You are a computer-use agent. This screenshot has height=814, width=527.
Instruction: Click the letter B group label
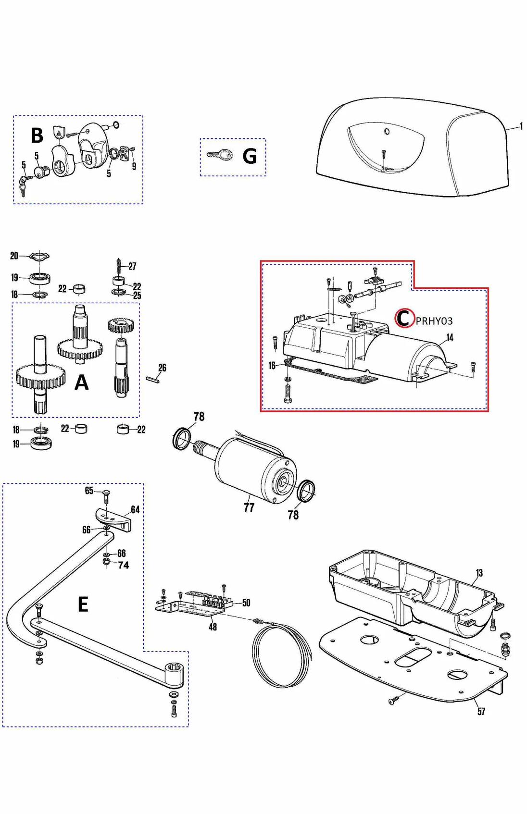[37, 136]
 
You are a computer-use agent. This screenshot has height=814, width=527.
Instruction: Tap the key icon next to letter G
[220, 155]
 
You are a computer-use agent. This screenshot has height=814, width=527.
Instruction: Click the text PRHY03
[434, 321]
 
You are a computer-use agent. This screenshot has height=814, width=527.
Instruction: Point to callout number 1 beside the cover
[521, 126]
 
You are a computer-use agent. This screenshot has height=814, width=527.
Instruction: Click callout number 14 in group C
[450, 337]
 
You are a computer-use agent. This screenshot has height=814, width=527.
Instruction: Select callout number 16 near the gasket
[272, 366]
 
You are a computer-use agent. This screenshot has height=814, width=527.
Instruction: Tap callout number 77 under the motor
[249, 507]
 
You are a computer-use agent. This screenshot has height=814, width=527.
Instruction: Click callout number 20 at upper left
[14, 256]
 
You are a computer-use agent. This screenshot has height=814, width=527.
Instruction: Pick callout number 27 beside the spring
[132, 266]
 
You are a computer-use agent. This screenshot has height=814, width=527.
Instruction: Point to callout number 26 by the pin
[162, 368]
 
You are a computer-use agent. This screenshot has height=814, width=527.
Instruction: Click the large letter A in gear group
[82, 382]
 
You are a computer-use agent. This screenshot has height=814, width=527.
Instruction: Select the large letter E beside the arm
[83, 604]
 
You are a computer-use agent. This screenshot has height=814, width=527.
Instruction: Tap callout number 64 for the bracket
[135, 509]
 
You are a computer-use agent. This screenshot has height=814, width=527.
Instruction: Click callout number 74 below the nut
[124, 565]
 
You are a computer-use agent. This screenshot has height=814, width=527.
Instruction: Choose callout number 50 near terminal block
[246, 603]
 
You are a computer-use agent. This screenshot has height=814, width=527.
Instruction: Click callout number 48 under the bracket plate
[213, 627]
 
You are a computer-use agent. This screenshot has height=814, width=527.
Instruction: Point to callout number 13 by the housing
[479, 573]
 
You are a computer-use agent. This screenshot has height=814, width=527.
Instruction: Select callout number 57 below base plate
[481, 711]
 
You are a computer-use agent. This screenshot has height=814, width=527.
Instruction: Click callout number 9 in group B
[134, 166]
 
